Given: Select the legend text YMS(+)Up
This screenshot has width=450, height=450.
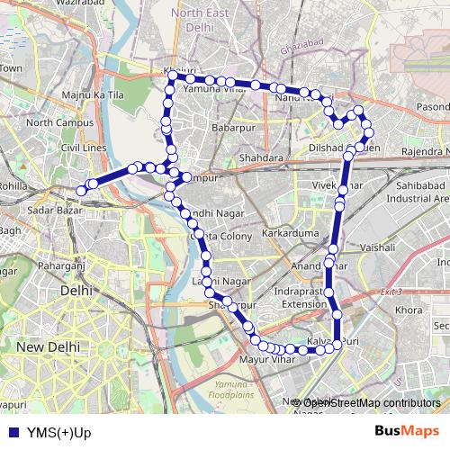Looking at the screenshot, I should coord(59,431).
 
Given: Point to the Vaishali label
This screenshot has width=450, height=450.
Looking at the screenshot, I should coord(378,245).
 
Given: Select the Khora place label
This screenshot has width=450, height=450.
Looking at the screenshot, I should coord(409,310).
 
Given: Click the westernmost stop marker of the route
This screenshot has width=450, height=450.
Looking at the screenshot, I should coord(80,190).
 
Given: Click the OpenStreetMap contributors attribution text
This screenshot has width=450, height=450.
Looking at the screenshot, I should coord(369,402).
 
